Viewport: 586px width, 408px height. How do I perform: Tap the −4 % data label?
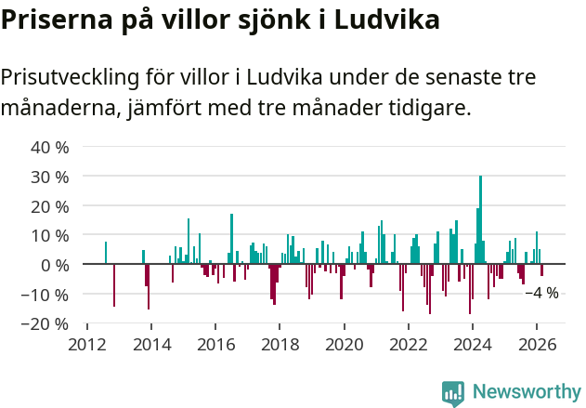[x=541, y=293]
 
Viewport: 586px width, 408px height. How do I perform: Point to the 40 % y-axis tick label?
[x=50, y=147]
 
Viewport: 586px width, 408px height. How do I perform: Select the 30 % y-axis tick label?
[x=50, y=177]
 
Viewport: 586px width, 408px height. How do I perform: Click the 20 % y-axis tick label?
[x=50, y=205]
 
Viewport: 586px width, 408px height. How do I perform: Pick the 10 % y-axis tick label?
[x=50, y=235]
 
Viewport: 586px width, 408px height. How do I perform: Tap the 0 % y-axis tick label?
[x=55, y=265]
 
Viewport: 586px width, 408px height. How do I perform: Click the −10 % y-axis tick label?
[x=46, y=295]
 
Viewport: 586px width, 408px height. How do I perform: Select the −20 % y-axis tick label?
[x=46, y=323]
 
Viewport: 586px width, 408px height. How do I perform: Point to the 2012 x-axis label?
[x=87, y=344]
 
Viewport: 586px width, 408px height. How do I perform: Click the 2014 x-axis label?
[x=151, y=344]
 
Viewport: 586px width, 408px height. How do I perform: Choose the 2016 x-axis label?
[x=215, y=344]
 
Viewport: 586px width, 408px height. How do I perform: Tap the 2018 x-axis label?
[x=280, y=344]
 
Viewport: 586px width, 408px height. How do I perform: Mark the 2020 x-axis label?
[x=344, y=344]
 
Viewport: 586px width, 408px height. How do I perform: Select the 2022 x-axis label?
[x=408, y=344]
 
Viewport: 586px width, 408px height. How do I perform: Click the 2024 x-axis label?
[x=472, y=344]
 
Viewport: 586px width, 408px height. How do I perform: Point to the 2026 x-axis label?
[x=536, y=344]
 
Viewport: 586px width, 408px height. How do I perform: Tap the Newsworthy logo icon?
[x=453, y=393]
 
